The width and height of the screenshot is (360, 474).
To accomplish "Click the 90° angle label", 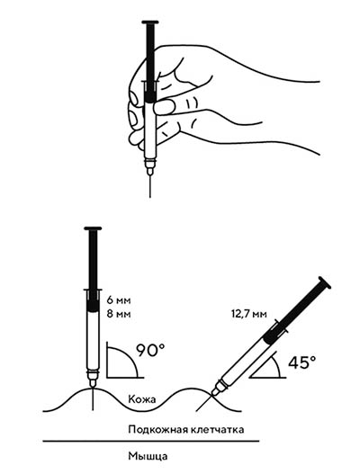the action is [150, 350].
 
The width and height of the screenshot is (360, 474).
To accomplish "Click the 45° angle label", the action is [301, 362].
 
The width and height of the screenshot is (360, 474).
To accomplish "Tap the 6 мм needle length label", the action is [119, 300].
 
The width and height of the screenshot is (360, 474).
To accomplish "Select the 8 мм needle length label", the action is [119, 314].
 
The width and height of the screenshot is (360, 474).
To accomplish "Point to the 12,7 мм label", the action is [249, 314].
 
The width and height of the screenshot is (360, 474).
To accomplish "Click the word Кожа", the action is [142, 399].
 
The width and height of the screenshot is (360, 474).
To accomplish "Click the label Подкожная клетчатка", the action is [186, 429].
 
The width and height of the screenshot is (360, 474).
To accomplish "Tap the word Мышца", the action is [148, 456].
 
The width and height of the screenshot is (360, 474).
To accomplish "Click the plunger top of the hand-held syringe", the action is [150, 22].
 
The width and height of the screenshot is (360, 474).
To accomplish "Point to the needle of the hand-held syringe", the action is [150, 186].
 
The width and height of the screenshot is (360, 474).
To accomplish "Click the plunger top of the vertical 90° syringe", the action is [93, 228].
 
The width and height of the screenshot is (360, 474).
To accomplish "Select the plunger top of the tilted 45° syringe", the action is [324, 282].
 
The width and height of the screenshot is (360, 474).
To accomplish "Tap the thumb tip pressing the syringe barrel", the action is [164, 107].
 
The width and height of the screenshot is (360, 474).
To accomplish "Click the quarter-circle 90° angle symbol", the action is [121, 361].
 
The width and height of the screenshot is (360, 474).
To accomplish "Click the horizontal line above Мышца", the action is [151, 442].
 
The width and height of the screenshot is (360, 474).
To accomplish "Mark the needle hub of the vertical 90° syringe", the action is [93, 379].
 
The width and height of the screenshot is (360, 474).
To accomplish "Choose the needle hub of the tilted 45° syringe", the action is [219, 388].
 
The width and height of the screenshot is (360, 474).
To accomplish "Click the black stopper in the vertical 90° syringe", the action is [93, 303].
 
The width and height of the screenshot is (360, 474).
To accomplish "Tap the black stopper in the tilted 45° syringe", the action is [272, 335].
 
